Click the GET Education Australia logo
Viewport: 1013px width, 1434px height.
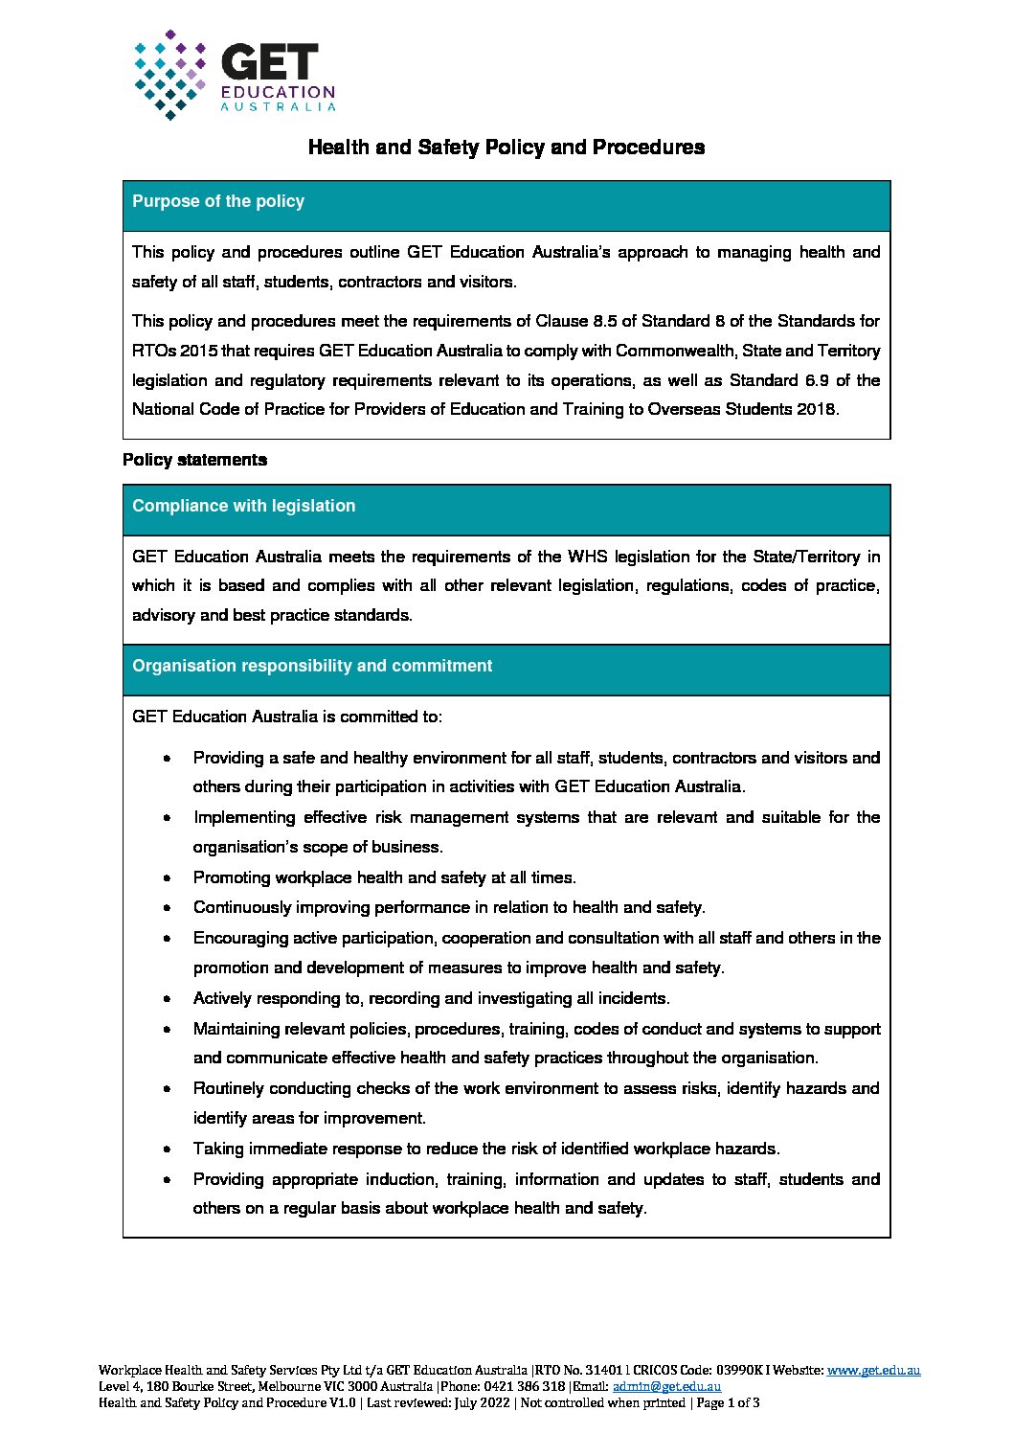point(235,75)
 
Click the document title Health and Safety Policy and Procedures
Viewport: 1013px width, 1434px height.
point(506,148)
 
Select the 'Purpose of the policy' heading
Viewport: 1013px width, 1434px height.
point(218,201)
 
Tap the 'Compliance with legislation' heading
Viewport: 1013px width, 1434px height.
point(243,506)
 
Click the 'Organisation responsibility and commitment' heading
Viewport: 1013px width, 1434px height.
point(312,666)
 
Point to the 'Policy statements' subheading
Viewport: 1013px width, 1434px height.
point(194,460)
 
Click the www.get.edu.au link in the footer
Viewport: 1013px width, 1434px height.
point(873,1371)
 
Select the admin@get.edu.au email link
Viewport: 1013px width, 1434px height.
point(666,1386)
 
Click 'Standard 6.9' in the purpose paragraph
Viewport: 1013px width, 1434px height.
point(778,380)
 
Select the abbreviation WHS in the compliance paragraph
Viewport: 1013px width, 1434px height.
point(588,557)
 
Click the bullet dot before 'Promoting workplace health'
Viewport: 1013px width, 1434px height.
point(168,878)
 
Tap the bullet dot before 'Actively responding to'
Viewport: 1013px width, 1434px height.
point(168,999)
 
